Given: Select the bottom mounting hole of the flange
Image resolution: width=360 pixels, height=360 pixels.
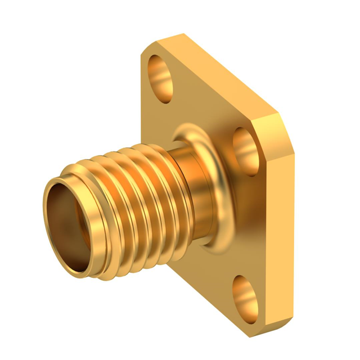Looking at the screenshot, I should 246,294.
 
